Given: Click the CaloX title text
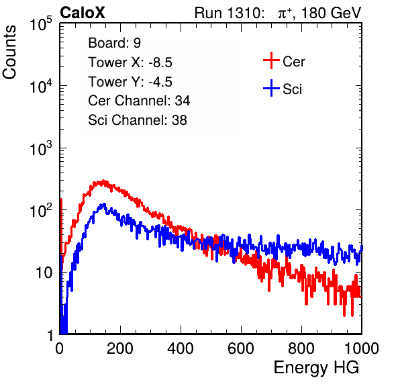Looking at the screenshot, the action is coord(82,13).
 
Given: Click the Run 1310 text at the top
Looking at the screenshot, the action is coord(229,13).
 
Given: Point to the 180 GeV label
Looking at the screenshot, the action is coord(331,13).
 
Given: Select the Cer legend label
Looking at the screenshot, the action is coord(293,62).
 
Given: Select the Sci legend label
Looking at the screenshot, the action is coord(292,89).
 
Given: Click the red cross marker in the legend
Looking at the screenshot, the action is coord(271,60).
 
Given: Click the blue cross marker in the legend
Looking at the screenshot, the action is coord(271,88).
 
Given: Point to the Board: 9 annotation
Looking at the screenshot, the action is coord(114,43).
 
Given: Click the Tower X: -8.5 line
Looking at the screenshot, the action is coord(130,62).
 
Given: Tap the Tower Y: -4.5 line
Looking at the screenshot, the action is coord(130,82).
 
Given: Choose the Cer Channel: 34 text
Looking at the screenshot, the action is coord(139,101).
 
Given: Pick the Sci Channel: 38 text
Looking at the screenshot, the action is coord(138,120).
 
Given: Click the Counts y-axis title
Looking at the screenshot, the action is coord(9,52).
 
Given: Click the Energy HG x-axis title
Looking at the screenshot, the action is coord(316,368).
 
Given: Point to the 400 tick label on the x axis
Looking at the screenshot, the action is coord(181,348).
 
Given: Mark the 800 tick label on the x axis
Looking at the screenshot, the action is coord(301,348).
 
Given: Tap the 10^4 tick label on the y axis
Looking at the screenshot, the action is coord(41,86).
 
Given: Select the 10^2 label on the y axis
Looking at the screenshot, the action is coord(41,210).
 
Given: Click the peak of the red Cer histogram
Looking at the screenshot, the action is coord(103,181).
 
